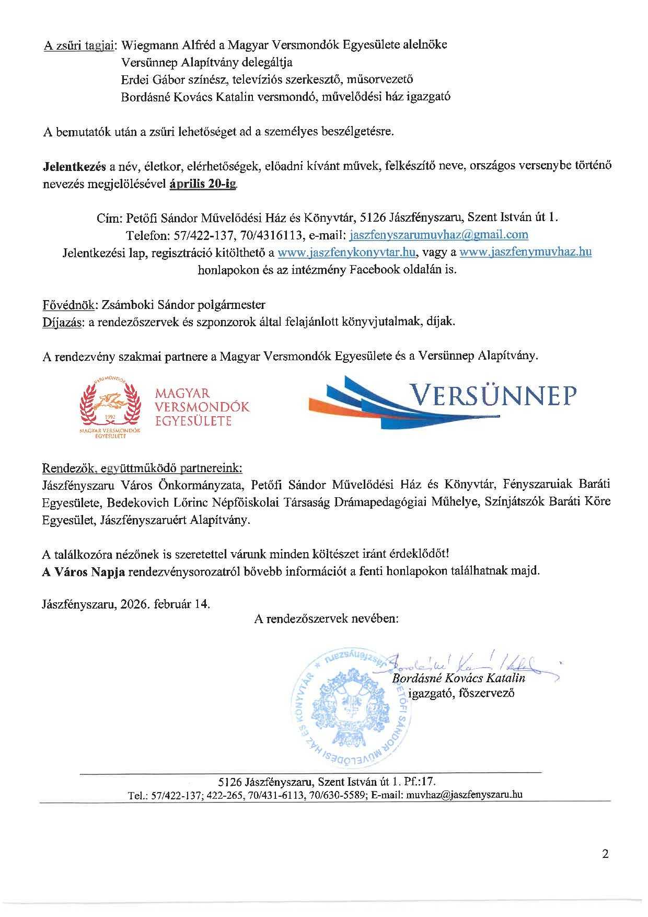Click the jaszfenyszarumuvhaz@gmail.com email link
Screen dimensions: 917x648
[439, 234]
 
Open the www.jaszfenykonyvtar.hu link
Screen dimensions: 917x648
[346, 252]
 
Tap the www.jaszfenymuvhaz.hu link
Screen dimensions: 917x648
[525, 252]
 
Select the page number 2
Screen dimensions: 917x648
[605, 854]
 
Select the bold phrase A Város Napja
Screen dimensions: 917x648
[83, 570]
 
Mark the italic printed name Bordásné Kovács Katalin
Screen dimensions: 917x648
[458, 679]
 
